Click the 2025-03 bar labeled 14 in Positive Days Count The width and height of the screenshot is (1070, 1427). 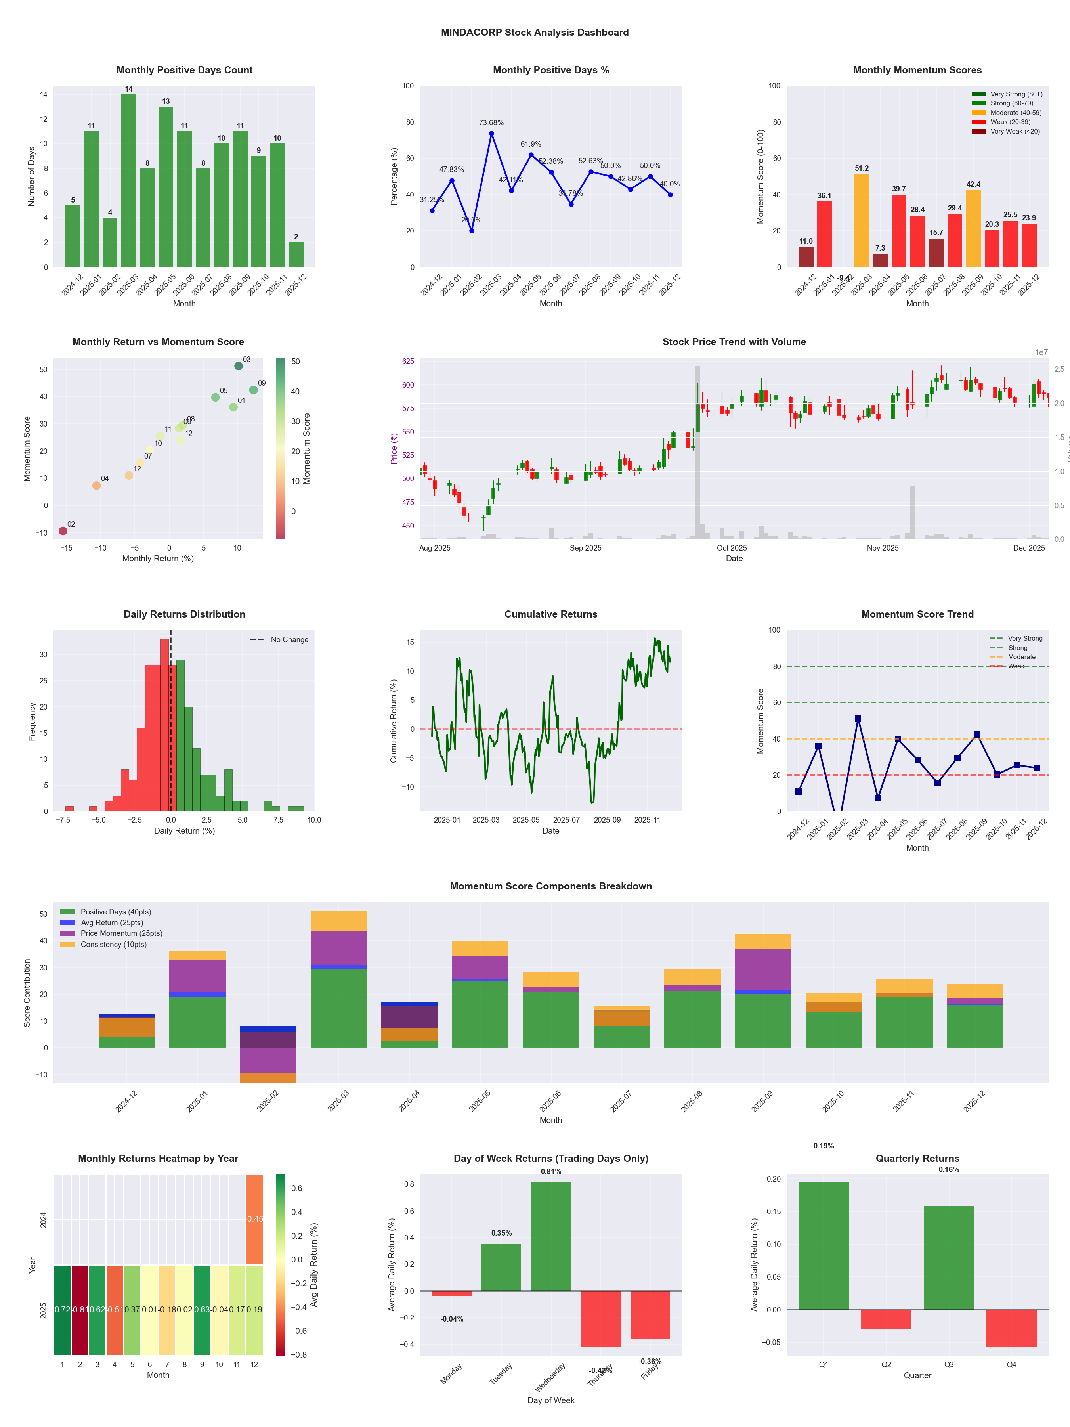point(128,181)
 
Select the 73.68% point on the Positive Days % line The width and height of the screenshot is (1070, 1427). point(491,134)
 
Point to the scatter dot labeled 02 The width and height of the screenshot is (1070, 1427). point(63,531)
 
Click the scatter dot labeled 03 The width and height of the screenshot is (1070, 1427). point(239,366)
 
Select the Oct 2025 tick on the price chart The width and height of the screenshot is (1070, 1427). point(732,548)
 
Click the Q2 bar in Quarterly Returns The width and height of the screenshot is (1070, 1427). point(886,1319)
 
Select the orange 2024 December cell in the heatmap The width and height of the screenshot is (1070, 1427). point(255,1219)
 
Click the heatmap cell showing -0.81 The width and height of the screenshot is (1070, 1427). point(80,1310)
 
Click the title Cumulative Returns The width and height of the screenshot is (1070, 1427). point(551,614)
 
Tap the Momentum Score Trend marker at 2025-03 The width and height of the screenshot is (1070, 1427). point(858,719)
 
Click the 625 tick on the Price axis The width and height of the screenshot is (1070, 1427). point(408,361)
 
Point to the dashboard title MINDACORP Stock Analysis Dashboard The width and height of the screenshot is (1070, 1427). point(535,32)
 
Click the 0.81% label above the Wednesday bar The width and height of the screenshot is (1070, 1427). point(551,1172)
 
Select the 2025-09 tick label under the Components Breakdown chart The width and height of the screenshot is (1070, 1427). point(762,1101)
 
